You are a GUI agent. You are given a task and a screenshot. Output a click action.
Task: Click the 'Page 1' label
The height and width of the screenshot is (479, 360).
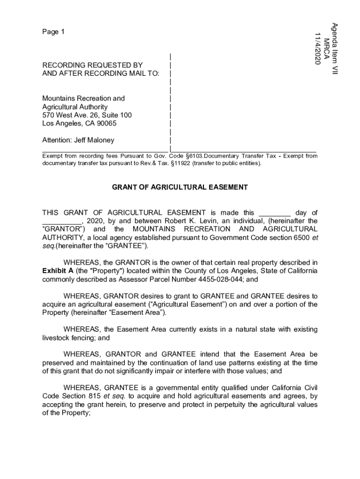point(53,32)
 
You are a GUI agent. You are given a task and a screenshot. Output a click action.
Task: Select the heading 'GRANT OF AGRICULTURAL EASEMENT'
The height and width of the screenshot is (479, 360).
point(180,188)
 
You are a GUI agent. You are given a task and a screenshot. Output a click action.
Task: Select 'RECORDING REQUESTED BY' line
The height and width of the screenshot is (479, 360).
point(93,65)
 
